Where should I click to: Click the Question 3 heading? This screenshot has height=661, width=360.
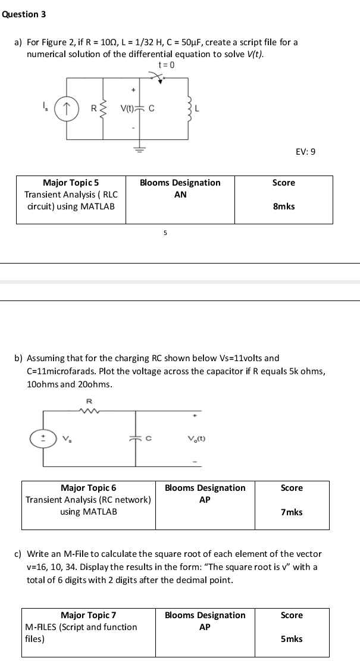[x=24, y=14]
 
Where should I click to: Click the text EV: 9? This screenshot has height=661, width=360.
[x=305, y=152]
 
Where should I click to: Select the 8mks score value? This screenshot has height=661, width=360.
[x=283, y=206]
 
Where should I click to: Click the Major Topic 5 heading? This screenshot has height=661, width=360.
[x=71, y=183]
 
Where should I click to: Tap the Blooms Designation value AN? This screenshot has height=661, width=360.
[x=180, y=195]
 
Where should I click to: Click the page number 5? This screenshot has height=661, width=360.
[x=165, y=233]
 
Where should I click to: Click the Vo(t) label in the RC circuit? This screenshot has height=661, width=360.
[x=196, y=439]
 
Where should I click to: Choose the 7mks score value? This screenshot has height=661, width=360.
[x=292, y=512]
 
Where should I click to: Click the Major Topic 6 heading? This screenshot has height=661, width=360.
[x=88, y=488]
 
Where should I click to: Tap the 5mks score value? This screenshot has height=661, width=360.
[x=292, y=639]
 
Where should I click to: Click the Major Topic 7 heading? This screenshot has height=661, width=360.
[x=88, y=615]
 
